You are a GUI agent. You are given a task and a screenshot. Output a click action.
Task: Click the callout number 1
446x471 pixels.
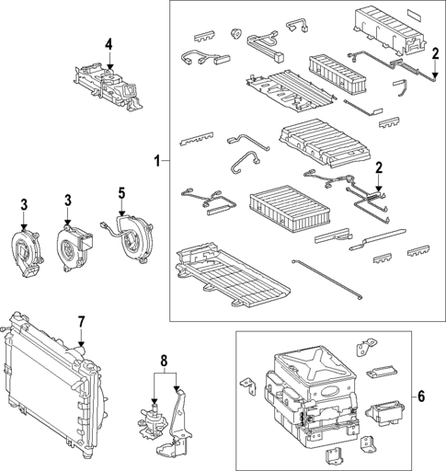156,161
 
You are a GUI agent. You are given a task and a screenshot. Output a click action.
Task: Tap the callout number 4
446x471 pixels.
109,44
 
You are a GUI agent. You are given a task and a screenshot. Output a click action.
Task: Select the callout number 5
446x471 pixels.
121,193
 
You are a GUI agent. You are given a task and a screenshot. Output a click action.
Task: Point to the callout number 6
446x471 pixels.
421,396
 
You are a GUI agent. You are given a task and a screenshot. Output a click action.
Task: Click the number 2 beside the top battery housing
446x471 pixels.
434,55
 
